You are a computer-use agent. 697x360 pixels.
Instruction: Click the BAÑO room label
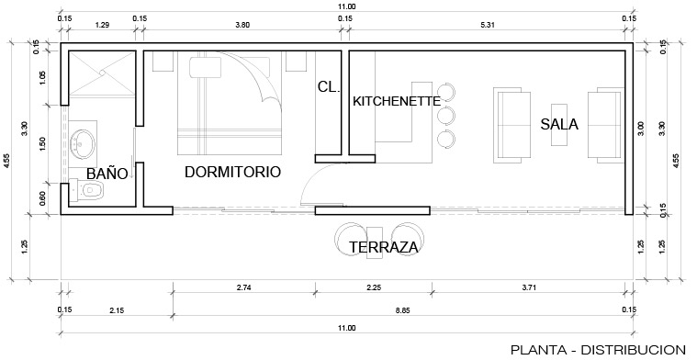107,174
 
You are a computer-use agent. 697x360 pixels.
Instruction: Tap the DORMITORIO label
232,172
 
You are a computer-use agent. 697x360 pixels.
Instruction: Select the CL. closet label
329,87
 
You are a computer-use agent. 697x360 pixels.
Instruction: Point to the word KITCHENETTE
397,101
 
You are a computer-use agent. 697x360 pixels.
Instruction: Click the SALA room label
559,125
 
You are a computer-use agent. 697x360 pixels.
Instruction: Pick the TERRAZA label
384,247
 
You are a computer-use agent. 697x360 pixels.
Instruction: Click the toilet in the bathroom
87,191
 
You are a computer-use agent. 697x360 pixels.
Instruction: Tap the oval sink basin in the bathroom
83,144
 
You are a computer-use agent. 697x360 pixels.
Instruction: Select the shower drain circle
102,73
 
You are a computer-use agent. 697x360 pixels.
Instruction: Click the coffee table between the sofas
559,125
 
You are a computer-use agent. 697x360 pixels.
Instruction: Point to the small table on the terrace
375,242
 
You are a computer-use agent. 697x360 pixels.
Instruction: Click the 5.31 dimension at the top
488,25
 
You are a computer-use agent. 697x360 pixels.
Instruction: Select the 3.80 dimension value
242,25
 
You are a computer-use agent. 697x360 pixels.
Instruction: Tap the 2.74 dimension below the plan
243,287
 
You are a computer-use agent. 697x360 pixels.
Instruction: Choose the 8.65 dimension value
403,310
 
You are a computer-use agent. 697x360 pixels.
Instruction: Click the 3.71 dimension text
529,287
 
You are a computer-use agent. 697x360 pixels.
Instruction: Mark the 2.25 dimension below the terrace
374,287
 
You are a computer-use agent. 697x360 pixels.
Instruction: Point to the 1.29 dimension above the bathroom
102,25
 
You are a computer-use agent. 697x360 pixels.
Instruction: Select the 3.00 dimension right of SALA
640,129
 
